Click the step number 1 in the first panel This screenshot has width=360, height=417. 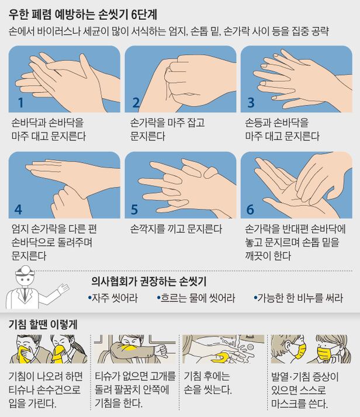[21, 103]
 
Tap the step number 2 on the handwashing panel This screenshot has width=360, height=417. [136, 103]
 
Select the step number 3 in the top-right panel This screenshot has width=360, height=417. [251, 103]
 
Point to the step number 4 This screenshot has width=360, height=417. [18, 210]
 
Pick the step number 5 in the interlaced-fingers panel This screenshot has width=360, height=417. [134, 210]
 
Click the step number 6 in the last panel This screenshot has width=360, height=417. [250, 210]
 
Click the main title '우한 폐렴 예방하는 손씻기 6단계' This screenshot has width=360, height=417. [83, 15]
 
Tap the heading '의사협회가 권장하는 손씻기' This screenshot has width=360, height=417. [149, 282]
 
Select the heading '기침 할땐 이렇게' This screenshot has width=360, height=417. [43, 325]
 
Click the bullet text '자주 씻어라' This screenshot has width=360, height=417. [113, 298]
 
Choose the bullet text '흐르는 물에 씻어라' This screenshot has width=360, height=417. [196, 298]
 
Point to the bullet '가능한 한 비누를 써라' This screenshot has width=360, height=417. [298, 298]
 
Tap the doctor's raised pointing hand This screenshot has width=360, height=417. [64, 289]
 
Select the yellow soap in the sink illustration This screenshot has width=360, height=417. [221, 357]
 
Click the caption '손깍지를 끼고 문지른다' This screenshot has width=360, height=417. [176, 229]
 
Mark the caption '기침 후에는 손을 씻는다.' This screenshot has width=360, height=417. [208, 383]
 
